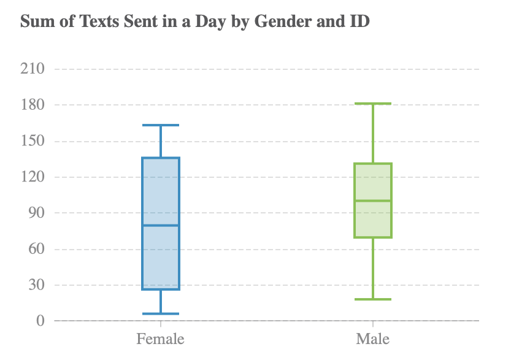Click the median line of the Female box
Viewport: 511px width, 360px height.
click(x=161, y=225)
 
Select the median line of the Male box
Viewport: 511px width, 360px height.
click(x=373, y=201)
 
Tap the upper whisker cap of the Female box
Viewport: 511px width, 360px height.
click(x=161, y=125)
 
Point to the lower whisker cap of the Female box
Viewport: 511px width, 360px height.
click(x=161, y=314)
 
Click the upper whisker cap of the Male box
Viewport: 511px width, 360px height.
click(x=373, y=104)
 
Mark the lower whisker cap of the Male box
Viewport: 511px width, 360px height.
click(x=373, y=299)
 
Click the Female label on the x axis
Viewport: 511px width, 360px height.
click(x=161, y=339)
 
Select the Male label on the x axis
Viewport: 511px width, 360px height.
click(x=373, y=339)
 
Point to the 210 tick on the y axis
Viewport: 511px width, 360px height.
click(x=32, y=69)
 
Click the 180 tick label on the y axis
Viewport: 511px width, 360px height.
click(x=32, y=105)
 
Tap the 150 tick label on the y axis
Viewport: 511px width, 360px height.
click(x=32, y=141)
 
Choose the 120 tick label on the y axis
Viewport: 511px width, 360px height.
click(x=32, y=177)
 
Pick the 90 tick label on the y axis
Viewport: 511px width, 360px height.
click(x=36, y=213)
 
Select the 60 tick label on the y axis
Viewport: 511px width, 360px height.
click(x=36, y=250)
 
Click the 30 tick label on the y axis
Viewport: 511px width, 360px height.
click(x=36, y=285)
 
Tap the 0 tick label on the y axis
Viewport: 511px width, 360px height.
click(x=40, y=321)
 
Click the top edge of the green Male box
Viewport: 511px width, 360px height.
click(x=373, y=164)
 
